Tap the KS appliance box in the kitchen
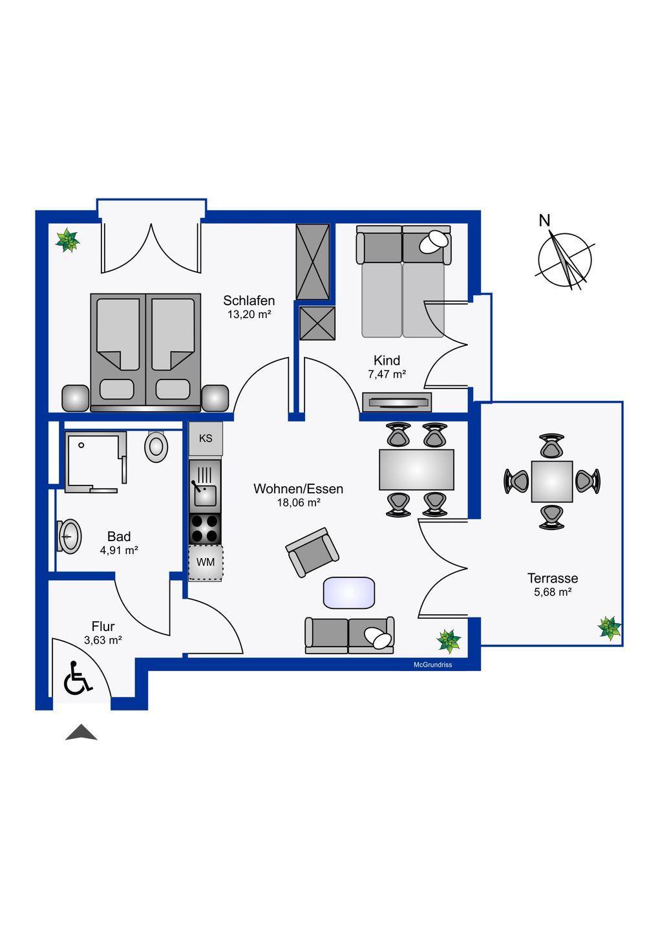(206, 438)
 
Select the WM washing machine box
(206, 562)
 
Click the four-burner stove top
(205, 529)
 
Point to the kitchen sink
(205, 486)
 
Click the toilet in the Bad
(156, 447)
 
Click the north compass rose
(564, 259)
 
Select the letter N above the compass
(544, 220)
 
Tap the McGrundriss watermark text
(432, 665)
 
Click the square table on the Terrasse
(551, 481)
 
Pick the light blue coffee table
(349, 593)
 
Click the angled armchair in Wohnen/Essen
(312, 552)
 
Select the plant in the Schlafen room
(67, 240)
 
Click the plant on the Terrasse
(610, 628)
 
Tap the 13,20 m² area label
(249, 314)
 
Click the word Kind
(387, 360)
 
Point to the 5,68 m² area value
(553, 592)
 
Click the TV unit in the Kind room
(397, 402)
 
